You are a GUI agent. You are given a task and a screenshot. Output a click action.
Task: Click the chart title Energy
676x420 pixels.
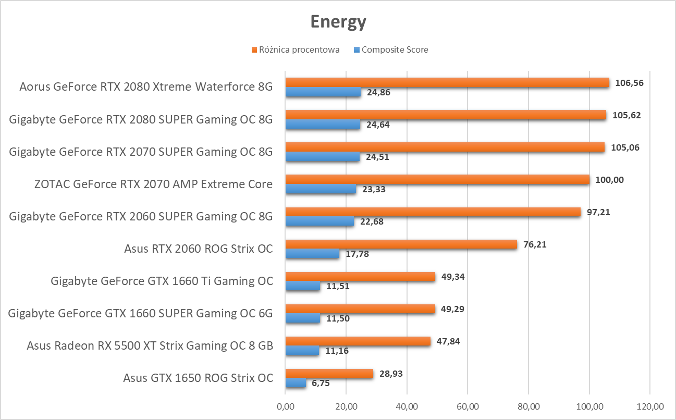click(x=338, y=22)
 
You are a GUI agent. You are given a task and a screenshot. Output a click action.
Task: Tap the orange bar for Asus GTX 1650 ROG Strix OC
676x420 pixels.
click(x=329, y=374)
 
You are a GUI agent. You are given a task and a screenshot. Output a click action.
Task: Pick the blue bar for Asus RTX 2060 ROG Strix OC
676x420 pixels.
click(x=312, y=254)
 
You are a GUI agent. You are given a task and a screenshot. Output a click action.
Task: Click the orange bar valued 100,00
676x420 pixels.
click(x=437, y=180)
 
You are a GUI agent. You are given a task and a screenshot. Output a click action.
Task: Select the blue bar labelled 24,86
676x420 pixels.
click(x=323, y=92)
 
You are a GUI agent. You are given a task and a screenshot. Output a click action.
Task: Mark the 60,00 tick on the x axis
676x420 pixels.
click(x=468, y=406)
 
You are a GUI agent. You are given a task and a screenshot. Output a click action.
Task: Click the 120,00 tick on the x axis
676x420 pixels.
click(x=650, y=406)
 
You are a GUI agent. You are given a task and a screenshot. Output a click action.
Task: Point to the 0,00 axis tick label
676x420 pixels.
click(x=285, y=406)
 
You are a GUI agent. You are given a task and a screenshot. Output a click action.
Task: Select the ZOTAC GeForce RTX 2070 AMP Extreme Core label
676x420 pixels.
click(x=153, y=184)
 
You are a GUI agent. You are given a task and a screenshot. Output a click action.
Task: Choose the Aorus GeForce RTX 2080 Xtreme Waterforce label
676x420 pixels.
click(x=146, y=87)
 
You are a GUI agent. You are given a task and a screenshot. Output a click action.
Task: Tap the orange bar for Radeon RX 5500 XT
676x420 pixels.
click(x=358, y=341)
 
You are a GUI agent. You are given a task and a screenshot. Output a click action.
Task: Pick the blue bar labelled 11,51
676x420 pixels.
click(x=303, y=286)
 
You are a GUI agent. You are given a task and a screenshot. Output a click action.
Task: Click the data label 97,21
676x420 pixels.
click(x=599, y=212)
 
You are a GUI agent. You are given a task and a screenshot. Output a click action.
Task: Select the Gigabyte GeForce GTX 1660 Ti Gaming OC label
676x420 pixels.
click(x=162, y=281)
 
